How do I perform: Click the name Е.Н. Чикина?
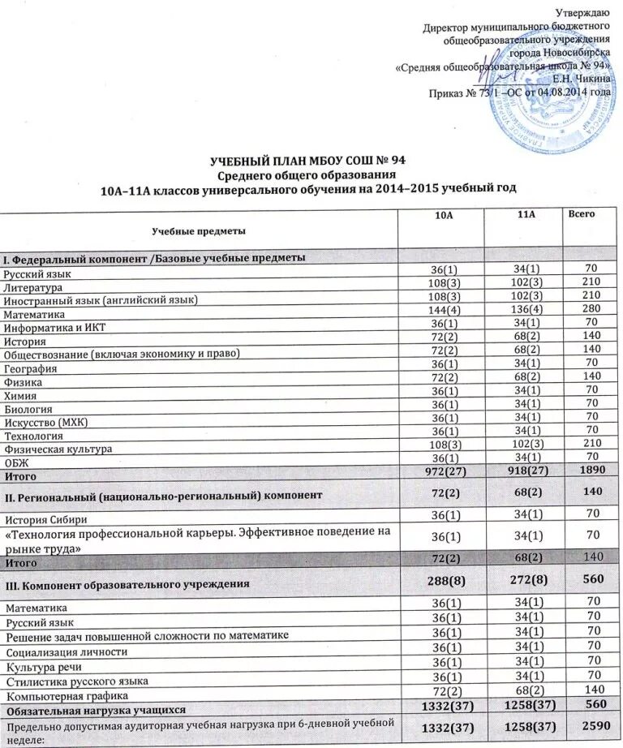pyautogui.click(x=582, y=78)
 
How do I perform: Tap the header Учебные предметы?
pyautogui.click(x=199, y=231)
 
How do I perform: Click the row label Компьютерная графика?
pyautogui.click(x=62, y=695)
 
